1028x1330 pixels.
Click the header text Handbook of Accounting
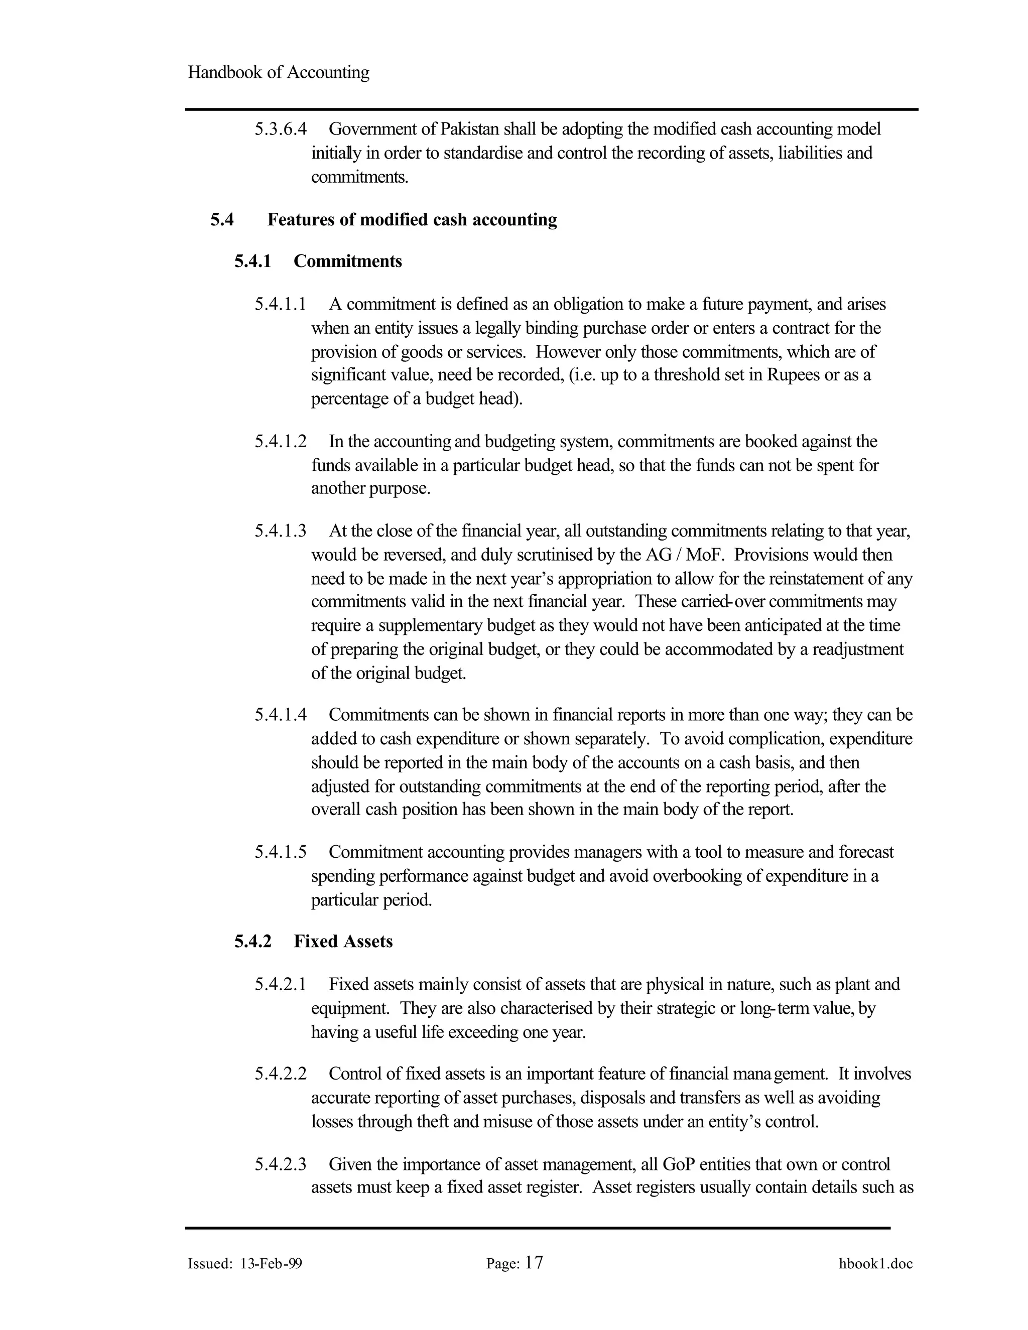point(278,72)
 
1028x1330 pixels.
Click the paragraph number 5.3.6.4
point(280,129)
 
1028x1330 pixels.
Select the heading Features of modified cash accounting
point(412,220)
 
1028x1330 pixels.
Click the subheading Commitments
point(348,261)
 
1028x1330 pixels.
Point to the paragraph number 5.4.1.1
point(280,304)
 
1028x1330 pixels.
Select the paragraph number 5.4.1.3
point(280,531)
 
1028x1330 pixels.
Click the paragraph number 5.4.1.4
point(280,715)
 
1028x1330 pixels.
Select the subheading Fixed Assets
point(343,942)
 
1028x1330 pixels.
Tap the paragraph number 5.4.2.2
point(280,1074)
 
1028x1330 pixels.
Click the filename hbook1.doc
point(875,1264)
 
